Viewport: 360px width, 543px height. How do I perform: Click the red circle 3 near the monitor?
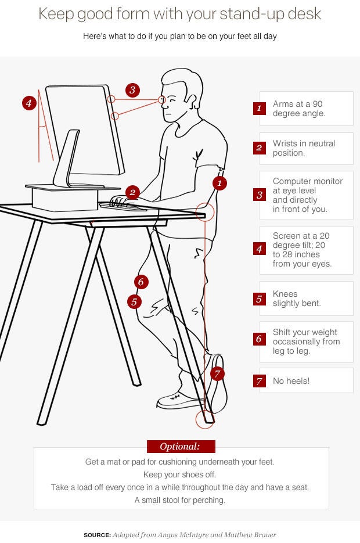pyautogui.click(x=132, y=91)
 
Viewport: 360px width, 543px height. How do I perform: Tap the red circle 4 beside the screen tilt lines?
pyautogui.click(x=29, y=103)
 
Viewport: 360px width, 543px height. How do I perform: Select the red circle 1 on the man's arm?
pyautogui.click(x=219, y=183)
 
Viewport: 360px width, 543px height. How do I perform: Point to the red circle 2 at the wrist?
pyautogui.click(x=132, y=193)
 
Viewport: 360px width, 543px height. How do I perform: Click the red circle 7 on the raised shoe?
pyautogui.click(x=217, y=373)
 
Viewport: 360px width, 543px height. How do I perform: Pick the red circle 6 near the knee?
pyautogui.click(x=141, y=282)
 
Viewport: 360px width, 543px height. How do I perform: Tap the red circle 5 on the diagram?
pyautogui.click(x=134, y=302)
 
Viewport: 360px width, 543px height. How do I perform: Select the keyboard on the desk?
pyautogui.click(x=123, y=207)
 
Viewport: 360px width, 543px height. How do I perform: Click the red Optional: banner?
pyautogui.click(x=181, y=447)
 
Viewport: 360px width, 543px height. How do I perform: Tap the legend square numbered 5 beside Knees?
pyautogui.click(x=260, y=299)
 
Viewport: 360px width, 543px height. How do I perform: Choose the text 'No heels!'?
pyautogui.click(x=291, y=381)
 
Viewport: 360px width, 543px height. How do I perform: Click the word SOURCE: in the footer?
pyautogui.click(x=98, y=535)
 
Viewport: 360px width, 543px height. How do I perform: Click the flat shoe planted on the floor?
pyautogui.click(x=179, y=401)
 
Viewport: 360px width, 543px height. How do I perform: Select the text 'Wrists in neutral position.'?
pyautogui.click(x=304, y=148)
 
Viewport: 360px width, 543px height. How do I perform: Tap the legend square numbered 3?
pyautogui.click(x=260, y=195)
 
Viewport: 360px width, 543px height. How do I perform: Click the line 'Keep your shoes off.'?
pyautogui.click(x=179, y=474)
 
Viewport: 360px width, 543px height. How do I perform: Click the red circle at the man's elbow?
pyautogui.click(x=205, y=212)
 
